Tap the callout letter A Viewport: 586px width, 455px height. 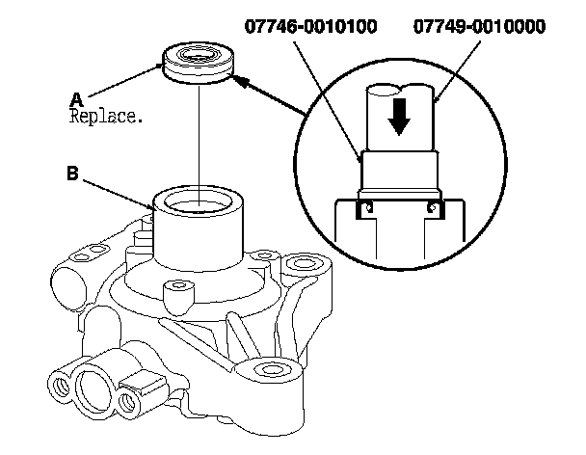[x=77, y=98]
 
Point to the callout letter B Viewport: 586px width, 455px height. [x=73, y=174]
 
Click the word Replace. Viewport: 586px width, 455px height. [x=106, y=117]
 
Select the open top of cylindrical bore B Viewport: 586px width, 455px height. [x=200, y=201]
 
